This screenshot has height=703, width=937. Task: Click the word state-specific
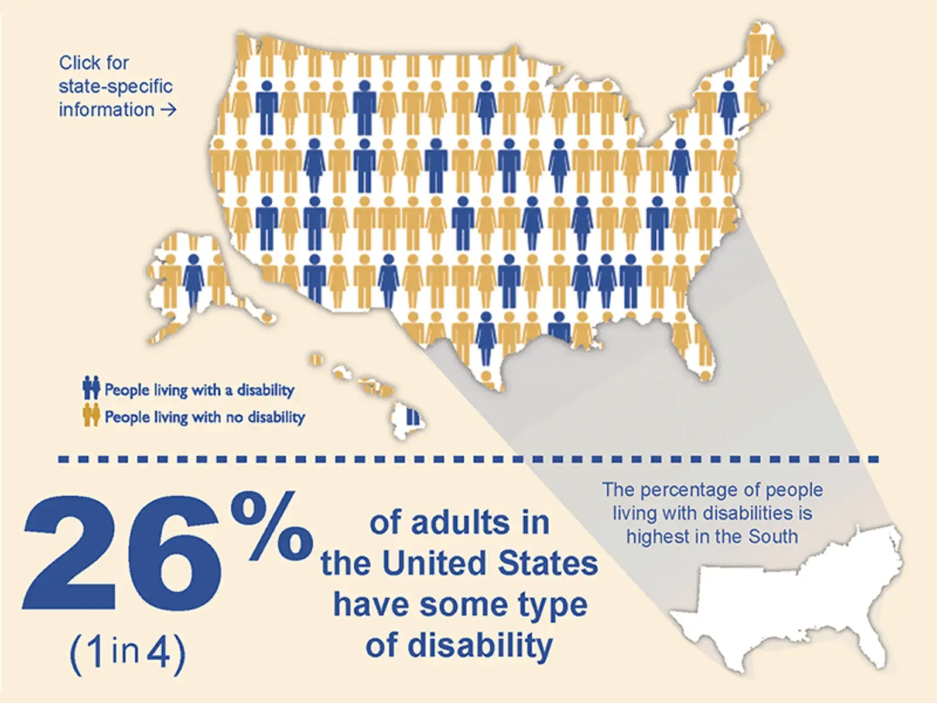[x=115, y=86]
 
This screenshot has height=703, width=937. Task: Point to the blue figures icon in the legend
[x=91, y=388]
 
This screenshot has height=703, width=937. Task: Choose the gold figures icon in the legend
[x=91, y=416]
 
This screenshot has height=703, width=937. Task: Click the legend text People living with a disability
[x=199, y=390]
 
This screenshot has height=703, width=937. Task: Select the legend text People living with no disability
[x=204, y=417]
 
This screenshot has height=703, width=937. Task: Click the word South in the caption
[x=773, y=537]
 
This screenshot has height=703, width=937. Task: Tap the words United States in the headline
[x=490, y=564]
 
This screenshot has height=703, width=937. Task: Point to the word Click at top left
[x=80, y=63]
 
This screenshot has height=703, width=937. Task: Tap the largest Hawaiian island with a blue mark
[x=409, y=419]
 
